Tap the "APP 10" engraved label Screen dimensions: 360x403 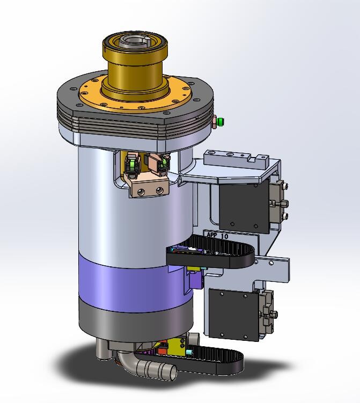217,235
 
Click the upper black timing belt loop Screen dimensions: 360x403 210,253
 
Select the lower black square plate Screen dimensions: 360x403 234,314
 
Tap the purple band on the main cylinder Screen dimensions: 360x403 135,285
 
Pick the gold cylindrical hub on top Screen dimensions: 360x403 135,67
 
